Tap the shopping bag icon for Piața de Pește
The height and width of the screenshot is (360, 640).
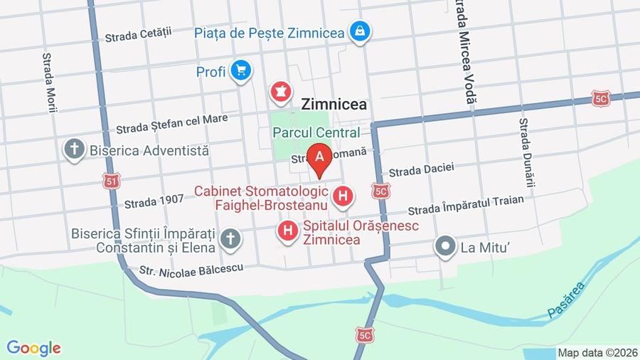[x=360, y=31]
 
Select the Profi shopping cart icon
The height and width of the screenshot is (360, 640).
[x=242, y=70]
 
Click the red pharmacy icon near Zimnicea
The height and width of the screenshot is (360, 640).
[x=280, y=91]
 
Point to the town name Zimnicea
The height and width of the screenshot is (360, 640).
[x=334, y=104]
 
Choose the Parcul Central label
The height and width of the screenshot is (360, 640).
[x=316, y=132]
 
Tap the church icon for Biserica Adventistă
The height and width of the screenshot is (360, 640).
[x=74, y=149]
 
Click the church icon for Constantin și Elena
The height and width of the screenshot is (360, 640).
[x=230, y=239]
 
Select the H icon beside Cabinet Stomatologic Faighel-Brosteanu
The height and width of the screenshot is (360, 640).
[x=343, y=196]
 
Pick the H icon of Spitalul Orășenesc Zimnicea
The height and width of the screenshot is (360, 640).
[x=288, y=231]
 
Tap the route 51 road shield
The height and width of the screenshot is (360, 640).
[x=110, y=181]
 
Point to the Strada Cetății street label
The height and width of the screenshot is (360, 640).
[x=139, y=34]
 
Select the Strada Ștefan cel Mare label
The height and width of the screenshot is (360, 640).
[x=171, y=124]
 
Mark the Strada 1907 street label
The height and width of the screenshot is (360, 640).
[x=154, y=201]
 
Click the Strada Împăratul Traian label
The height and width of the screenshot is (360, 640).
[x=466, y=206]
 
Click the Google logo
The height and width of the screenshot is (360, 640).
[x=33, y=348]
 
